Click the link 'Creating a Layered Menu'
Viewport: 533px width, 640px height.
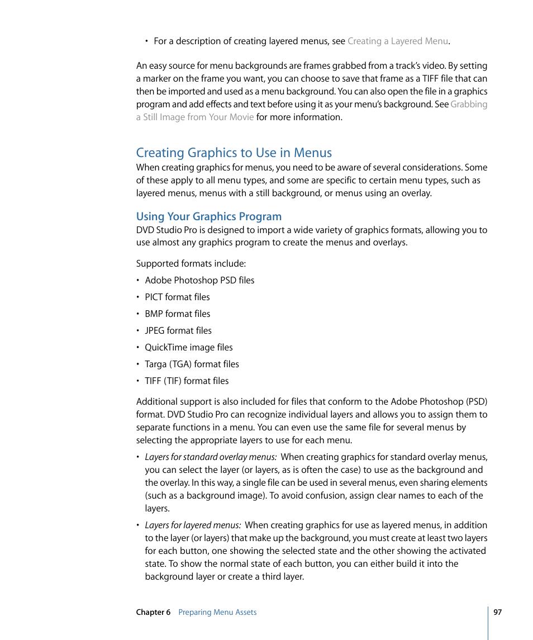[x=397, y=41]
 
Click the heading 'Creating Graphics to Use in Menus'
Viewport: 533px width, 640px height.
[x=234, y=153]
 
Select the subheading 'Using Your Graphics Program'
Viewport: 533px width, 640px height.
[x=208, y=216]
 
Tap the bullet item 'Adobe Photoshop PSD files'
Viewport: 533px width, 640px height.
[x=199, y=281]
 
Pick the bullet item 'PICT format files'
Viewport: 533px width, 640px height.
[x=177, y=297]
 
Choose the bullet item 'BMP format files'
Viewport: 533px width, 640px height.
[x=177, y=314]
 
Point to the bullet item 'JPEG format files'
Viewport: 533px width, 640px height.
[x=178, y=331]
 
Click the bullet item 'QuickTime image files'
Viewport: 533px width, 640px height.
[x=188, y=348]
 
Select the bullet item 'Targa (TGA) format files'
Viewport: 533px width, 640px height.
[x=191, y=364]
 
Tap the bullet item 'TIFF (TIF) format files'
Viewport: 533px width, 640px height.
[x=186, y=381]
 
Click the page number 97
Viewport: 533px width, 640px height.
[x=497, y=613]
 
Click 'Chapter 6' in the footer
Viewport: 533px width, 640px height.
[x=153, y=613]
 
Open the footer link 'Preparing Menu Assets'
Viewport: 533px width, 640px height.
[x=217, y=613]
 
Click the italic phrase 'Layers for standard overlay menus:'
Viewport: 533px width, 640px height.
[x=211, y=457]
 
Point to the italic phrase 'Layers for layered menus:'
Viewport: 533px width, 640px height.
[x=193, y=525]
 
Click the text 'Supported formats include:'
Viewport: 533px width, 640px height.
[x=191, y=264]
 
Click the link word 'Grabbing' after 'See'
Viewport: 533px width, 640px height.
[x=469, y=105]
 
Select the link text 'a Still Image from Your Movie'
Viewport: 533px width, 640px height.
[x=195, y=117]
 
